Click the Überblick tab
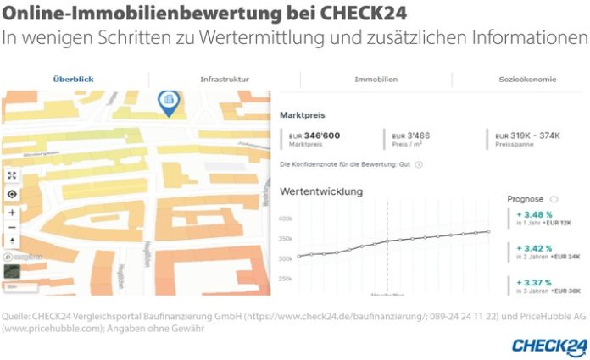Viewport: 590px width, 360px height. [x=73, y=79]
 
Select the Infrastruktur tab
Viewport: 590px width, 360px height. [x=224, y=79]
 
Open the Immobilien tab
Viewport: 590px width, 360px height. [x=376, y=79]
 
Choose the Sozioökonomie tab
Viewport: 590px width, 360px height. [x=527, y=79]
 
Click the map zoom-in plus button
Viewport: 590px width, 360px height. [x=12, y=212]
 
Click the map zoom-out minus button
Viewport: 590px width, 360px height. [x=12, y=227]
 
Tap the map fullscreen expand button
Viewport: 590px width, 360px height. [x=12, y=175]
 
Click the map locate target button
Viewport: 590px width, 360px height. [x=12, y=193]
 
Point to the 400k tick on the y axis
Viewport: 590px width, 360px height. [x=286, y=219]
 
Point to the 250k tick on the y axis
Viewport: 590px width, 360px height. [x=286, y=279]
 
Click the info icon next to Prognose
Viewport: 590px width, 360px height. [x=554, y=199]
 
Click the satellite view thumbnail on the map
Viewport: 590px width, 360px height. [x=12, y=271]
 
